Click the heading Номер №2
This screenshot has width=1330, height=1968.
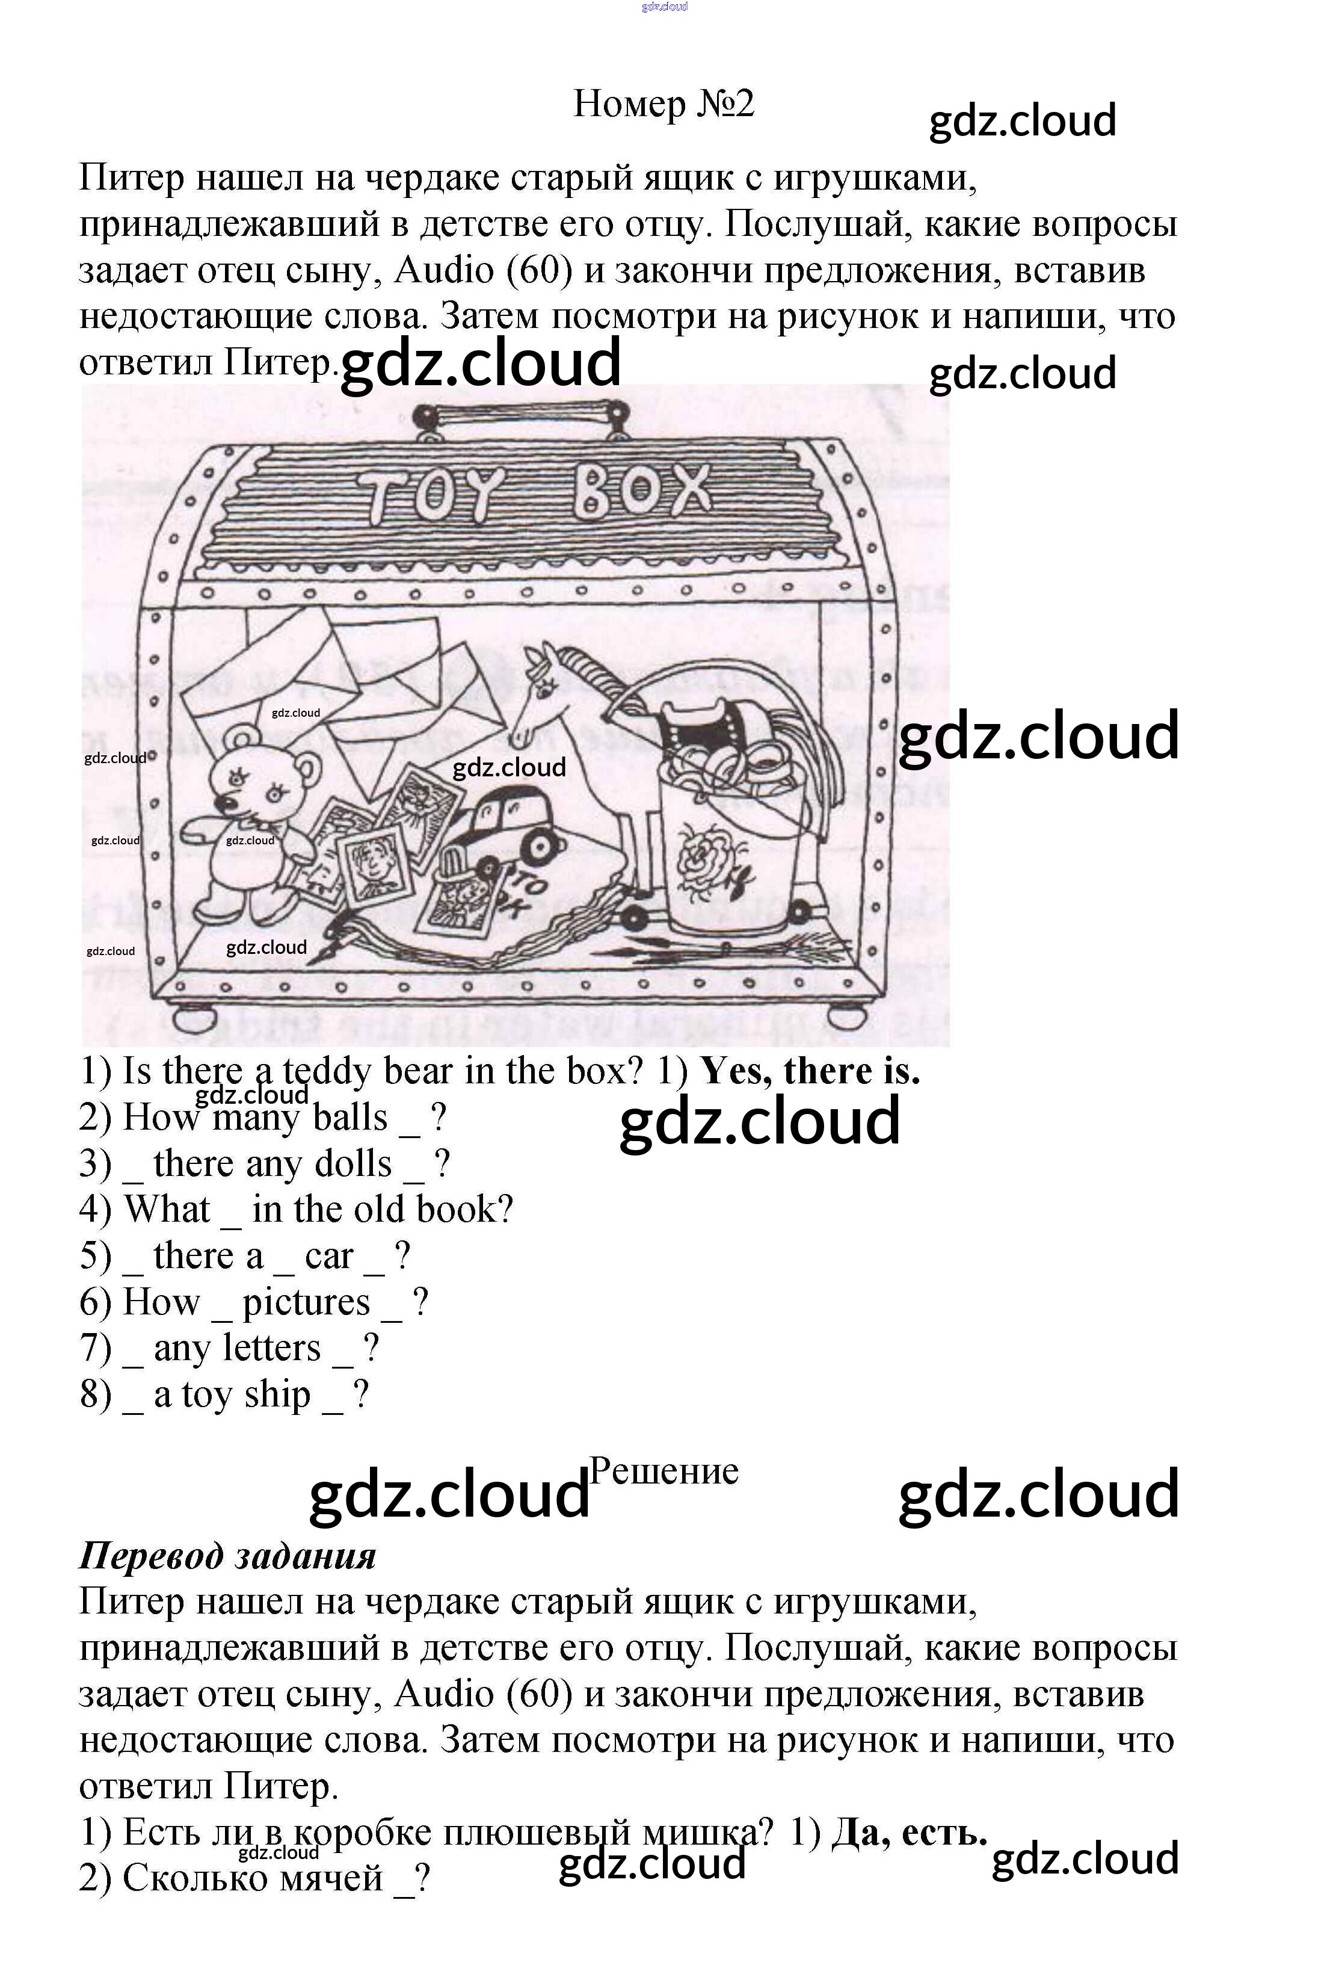(x=663, y=104)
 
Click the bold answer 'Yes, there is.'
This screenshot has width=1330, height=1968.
(x=810, y=1072)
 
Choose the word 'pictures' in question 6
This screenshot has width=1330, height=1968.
(x=306, y=1302)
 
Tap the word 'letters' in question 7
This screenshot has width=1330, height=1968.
(x=279, y=1348)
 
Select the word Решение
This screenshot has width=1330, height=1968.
(x=663, y=1471)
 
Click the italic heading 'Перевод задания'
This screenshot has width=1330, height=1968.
(x=227, y=1556)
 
